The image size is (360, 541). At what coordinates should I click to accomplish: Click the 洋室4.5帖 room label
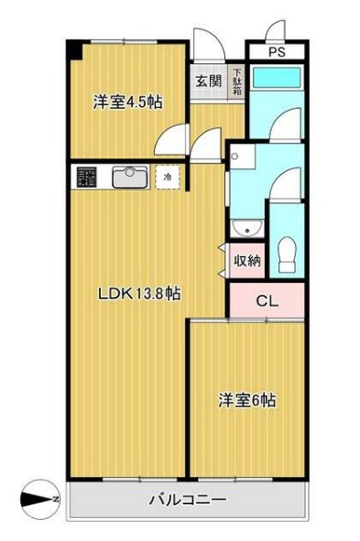pyautogui.click(x=127, y=103)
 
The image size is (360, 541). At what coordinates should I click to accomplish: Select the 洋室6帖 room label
pyautogui.click(x=247, y=401)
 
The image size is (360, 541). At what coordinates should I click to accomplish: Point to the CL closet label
pyautogui.click(x=266, y=300)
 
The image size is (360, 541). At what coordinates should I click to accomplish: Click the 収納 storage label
pyautogui.click(x=248, y=260)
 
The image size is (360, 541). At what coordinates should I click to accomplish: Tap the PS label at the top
pyautogui.click(x=277, y=52)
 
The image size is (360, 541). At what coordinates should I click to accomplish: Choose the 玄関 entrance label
pyautogui.click(x=208, y=80)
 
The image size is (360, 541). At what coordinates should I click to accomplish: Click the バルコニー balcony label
pyautogui.click(x=187, y=501)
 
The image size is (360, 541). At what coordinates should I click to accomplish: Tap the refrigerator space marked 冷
pyautogui.click(x=168, y=176)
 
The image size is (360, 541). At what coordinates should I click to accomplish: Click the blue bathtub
pyautogui.click(x=277, y=78)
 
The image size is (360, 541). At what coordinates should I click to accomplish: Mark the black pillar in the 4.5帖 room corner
pyautogui.click(x=71, y=48)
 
